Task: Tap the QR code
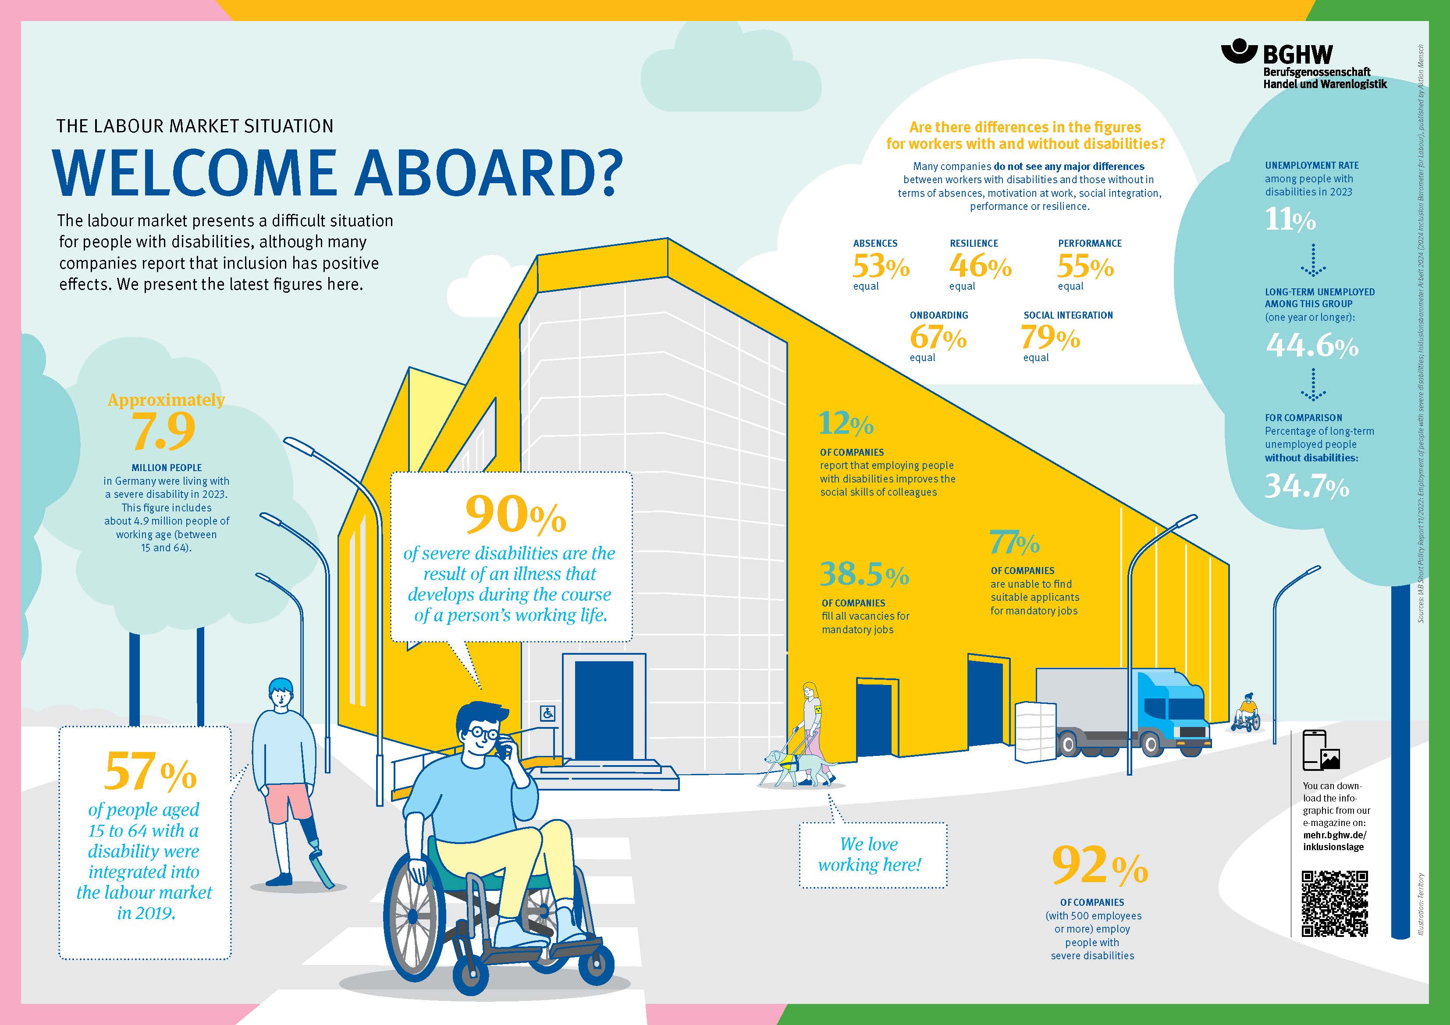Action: click(1334, 904)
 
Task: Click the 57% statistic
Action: click(150, 771)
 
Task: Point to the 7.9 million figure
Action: click(163, 431)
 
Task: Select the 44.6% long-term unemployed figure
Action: click(1311, 345)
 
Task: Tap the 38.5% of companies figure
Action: click(864, 574)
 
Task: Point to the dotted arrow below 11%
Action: click(1313, 260)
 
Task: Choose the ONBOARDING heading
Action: click(938, 315)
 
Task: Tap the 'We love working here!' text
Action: click(870, 855)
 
